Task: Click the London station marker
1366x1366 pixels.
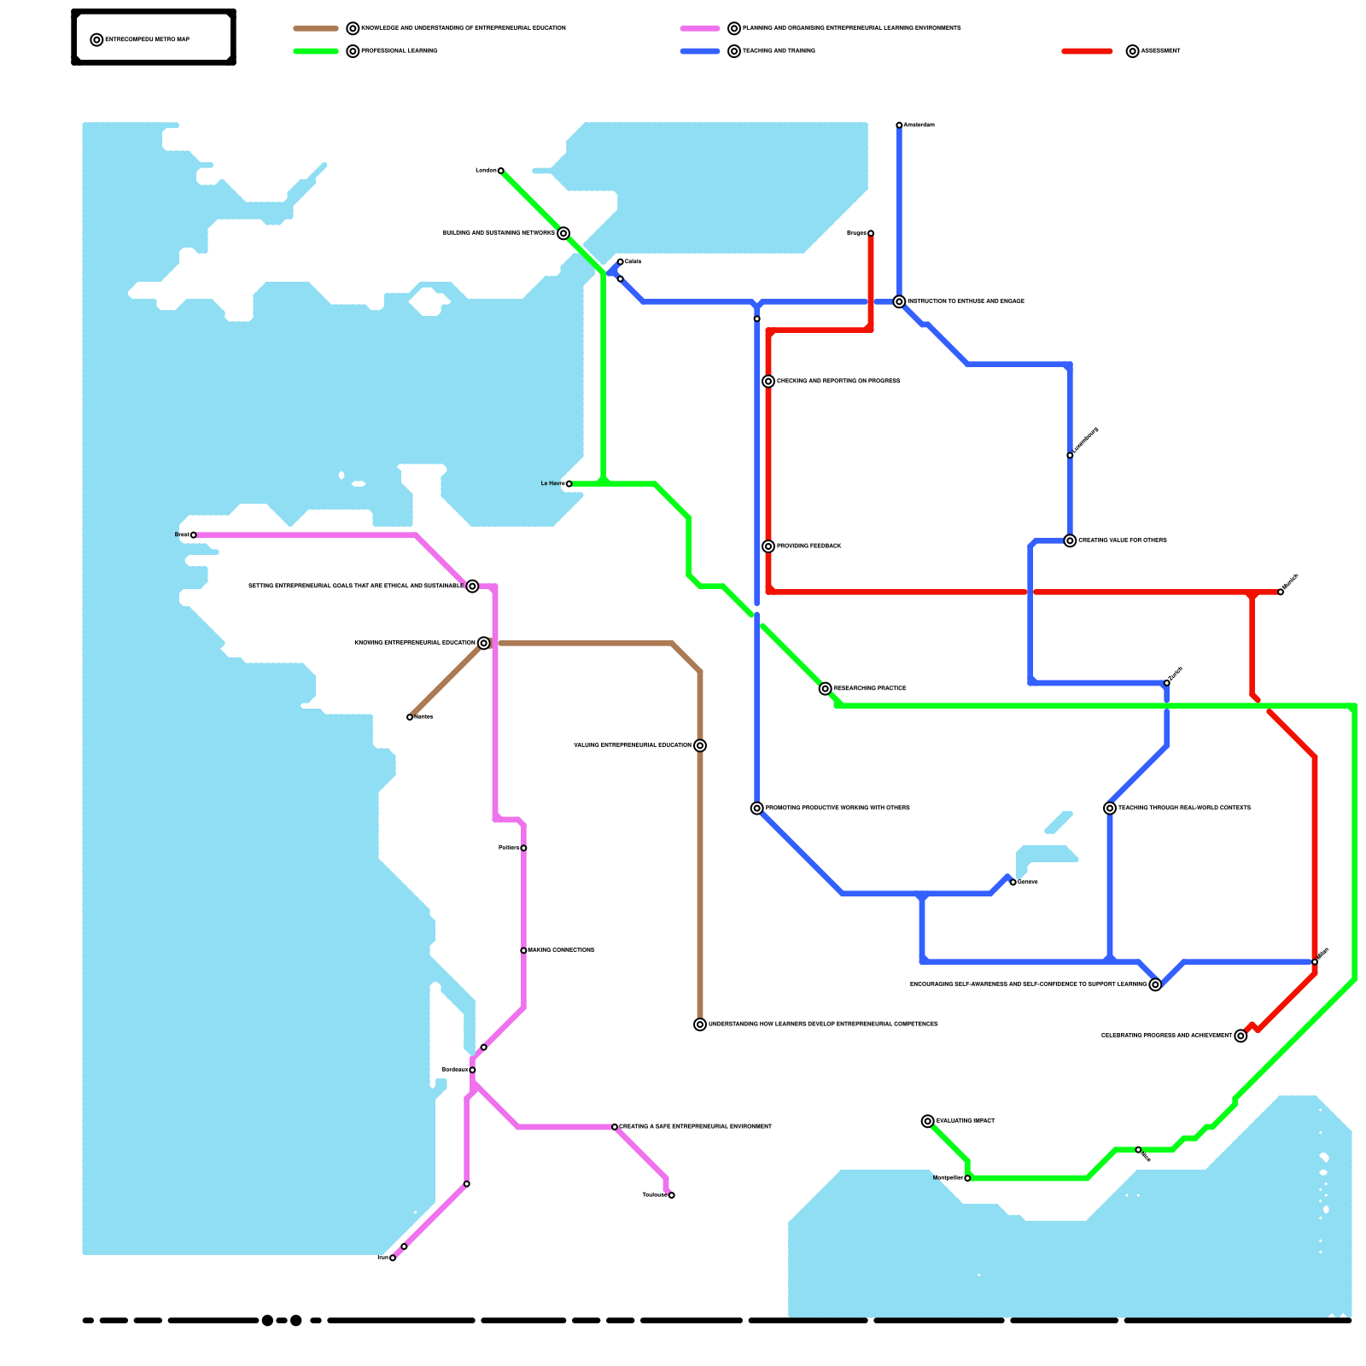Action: pyautogui.click(x=500, y=171)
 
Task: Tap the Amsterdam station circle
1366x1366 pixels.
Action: pyautogui.click(x=899, y=126)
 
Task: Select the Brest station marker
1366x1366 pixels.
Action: pyautogui.click(x=193, y=535)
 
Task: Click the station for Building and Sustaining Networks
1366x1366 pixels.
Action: pyautogui.click(x=563, y=233)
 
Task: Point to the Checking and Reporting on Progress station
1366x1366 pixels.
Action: pyautogui.click(x=768, y=382)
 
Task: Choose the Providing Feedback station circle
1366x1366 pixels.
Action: pyautogui.click(x=768, y=546)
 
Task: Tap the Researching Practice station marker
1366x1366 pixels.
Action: pyautogui.click(x=825, y=689)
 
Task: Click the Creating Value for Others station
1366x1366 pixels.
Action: pyautogui.click(x=1070, y=540)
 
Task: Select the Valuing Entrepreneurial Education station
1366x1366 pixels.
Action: pyautogui.click(x=700, y=745)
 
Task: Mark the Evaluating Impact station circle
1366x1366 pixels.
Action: pyautogui.click(x=928, y=1121)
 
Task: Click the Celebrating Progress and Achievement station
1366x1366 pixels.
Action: pyautogui.click(x=1240, y=1036)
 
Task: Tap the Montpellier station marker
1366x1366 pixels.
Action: pyautogui.click(x=967, y=1178)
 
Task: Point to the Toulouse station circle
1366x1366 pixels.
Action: pyautogui.click(x=672, y=1195)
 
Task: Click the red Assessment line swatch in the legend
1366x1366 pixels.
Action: pyautogui.click(x=1087, y=51)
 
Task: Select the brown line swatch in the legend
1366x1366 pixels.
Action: pyautogui.click(x=316, y=28)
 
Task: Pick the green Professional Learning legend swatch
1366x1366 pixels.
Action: pyautogui.click(x=316, y=51)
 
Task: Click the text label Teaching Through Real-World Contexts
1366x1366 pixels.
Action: pyautogui.click(x=1184, y=808)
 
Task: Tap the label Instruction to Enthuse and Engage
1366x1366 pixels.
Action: pyautogui.click(x=966, y=301)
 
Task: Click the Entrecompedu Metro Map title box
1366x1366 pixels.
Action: pyautogui.click(x=154, y=38)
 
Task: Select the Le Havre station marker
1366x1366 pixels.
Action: pyautogui.click(x=569, y=484)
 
